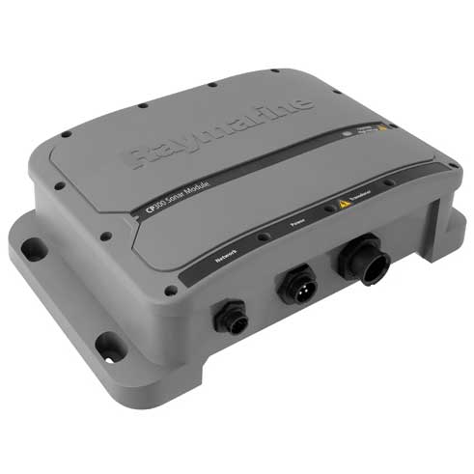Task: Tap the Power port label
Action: (298, 226)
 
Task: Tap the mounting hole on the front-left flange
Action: (108, 343)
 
